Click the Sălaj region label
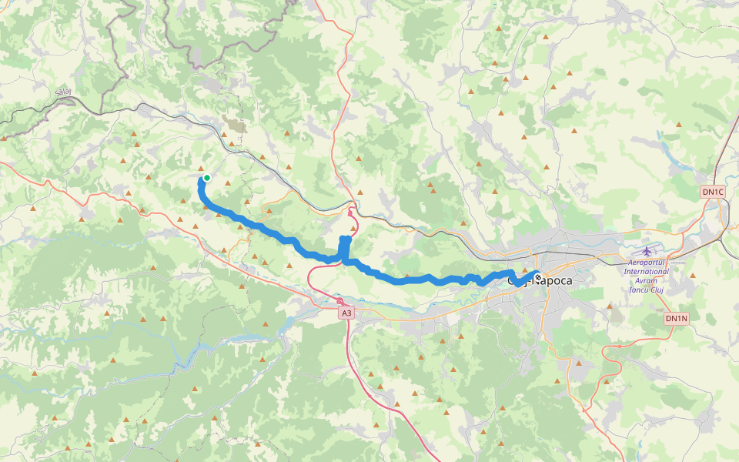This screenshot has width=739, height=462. pos(63,92)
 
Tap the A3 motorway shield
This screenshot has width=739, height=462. pos(346,313)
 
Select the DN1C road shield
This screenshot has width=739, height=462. pos(713,192)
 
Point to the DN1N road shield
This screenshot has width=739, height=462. pos(675,318)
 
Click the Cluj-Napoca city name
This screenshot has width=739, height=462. pos(540,281)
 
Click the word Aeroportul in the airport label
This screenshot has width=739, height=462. pos(646,263)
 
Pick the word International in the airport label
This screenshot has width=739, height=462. pos(646,271)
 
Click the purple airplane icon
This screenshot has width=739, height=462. pos(647,250)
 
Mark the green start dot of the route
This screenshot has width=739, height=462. pos(206,178)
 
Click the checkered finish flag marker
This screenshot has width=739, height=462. pos(537,277)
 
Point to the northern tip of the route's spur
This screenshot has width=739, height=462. pos(346,239)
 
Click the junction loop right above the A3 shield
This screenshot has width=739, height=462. pos(339,300)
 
